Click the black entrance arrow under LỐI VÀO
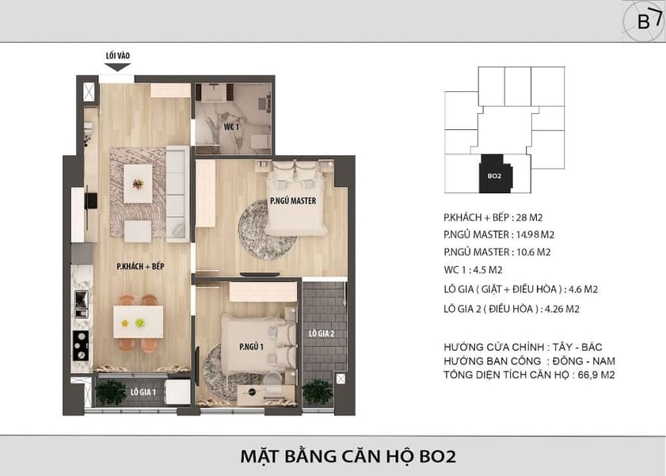coord(117,67)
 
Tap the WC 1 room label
coord(231,127)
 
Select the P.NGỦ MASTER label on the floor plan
coord(293,201)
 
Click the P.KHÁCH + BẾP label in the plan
coord(141,266)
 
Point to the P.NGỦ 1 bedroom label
coord(252,346)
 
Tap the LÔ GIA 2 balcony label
coord(322,333)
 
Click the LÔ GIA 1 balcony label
coord(143,392)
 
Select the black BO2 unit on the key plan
coord(496,173)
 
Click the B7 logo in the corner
coord(644,21)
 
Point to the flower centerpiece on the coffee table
coord(138,184)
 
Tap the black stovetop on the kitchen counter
coord(81,345)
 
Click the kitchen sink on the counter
coord(81,303)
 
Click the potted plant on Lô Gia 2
coord(318,391)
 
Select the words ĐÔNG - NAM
coord(584,361)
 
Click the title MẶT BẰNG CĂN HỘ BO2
coord(348,456)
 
